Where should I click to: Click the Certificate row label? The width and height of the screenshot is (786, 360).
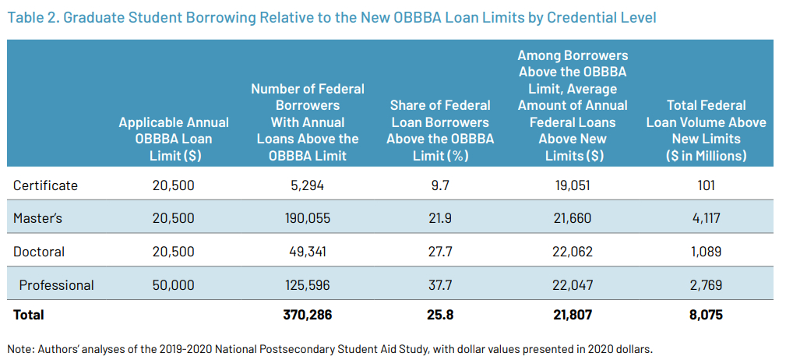(45, 185)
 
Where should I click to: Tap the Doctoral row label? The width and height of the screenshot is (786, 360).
(39, 252)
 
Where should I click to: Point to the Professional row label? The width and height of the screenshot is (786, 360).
(56, 285)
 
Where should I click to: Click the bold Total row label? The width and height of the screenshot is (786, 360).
(29, 315)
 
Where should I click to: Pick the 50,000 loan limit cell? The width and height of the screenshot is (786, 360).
(173, 285)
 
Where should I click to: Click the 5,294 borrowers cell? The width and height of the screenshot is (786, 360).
(308, 185)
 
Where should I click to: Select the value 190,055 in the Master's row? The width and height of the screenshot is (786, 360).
(308, 219)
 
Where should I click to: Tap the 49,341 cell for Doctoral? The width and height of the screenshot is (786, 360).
(308, 252)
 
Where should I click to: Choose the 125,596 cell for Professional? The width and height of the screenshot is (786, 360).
(308, 285)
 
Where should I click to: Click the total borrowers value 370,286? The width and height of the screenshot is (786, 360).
(308, 315)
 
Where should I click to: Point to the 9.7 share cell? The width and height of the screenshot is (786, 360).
(439, 185)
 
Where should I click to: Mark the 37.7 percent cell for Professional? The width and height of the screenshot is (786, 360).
(439, 285)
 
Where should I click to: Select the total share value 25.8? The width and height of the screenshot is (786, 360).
(439, 315)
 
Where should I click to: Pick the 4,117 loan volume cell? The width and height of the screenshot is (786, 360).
(706, 219)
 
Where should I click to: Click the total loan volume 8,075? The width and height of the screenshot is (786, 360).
(706, 315)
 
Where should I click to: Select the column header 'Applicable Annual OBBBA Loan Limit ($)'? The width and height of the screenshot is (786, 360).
(173, 139)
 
